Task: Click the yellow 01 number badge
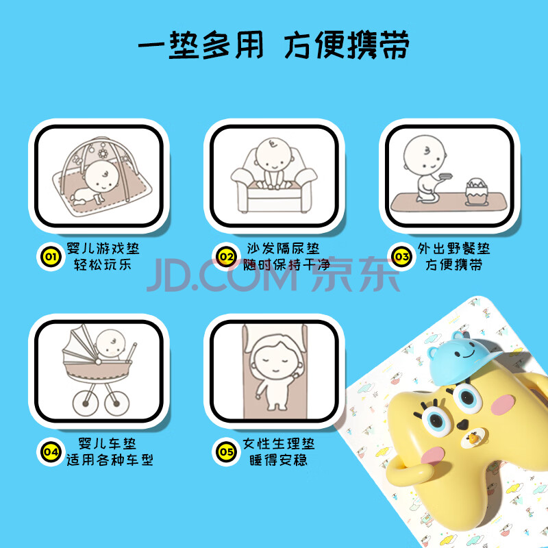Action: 51,257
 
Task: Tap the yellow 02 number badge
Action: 226,257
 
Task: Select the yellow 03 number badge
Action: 402,257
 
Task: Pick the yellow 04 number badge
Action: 51,452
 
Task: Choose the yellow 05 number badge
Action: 226,452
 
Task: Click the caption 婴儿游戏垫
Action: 103,249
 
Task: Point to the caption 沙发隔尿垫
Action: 283,249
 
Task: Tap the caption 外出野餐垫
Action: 453,249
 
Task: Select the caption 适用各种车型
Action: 110,460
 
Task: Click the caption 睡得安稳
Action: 279,460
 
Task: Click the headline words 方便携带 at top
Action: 347,45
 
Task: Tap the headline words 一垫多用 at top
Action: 201,45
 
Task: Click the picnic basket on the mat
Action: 476,192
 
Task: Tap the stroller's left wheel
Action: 85,403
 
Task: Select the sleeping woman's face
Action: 275,363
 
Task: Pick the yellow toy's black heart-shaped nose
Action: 462,425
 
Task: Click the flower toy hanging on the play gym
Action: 103,153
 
